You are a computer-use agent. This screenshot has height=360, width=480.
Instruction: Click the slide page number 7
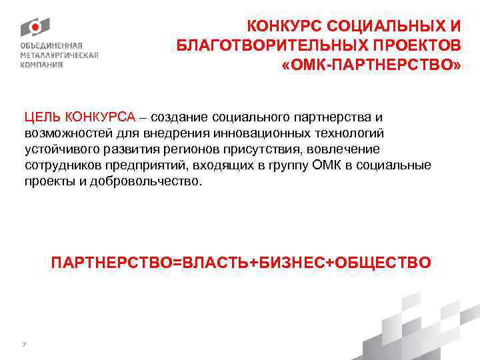click(24, 326)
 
